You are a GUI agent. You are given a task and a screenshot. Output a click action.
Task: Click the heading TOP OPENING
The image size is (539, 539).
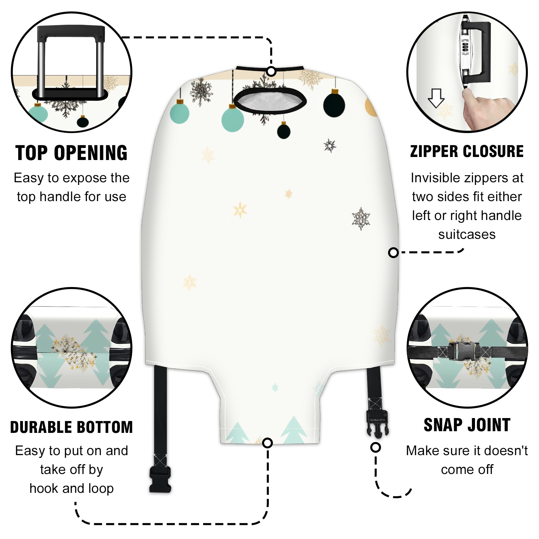[x=71, y=153]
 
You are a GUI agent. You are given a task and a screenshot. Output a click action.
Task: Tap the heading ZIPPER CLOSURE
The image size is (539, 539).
[x=467, y=151]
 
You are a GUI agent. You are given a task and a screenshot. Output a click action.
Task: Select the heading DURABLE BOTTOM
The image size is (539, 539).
[x=71, y=427]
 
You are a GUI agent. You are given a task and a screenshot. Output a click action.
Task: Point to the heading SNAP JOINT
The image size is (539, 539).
[x=467, y=425]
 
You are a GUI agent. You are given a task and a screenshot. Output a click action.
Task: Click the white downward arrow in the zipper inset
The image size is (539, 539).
[x=436, y=98]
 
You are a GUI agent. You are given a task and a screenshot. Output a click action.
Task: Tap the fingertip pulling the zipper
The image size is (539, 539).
[x=467, y=93]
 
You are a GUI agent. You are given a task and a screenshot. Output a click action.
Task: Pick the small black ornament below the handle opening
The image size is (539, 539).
[x=284, y=130]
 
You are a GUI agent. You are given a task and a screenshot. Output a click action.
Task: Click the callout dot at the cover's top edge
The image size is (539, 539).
[x=271, y=71]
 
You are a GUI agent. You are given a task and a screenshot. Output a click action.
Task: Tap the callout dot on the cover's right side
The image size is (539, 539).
[x=393, y=252]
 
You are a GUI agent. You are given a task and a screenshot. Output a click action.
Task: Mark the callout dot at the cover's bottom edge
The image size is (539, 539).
[x=267, y=443]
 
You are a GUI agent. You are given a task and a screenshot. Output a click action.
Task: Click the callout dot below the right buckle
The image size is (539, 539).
[x=376, y=447]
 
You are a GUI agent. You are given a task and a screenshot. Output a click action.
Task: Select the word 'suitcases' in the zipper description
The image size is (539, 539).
[x=467, y=234]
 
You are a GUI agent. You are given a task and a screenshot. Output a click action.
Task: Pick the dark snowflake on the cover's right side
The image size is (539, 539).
[x=361, y=219]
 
